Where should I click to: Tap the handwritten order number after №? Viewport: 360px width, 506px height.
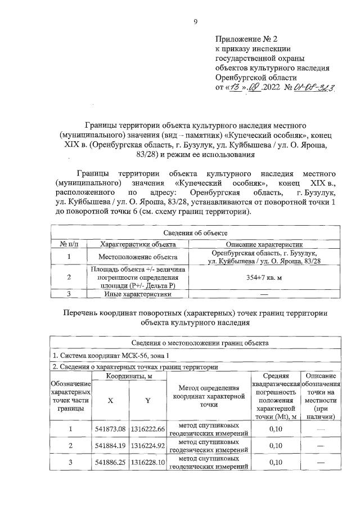(x=316, y=88)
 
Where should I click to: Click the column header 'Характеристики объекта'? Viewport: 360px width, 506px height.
(x=137, y=244)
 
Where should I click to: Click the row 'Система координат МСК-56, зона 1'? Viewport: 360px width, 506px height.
(x=112, y=356)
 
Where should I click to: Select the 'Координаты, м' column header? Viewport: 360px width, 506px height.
(x=128, y=376)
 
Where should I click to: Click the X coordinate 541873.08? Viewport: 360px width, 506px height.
(x=110, y=429)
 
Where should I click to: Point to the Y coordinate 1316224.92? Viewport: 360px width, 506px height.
(x=146, y=446)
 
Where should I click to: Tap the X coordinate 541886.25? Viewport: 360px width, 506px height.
(x=110, y=463)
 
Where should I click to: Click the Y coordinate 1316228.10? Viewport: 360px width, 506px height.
(x=146, y=463)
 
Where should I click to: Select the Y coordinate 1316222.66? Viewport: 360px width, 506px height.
(x=146, y=429)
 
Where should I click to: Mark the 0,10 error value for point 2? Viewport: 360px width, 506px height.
(x=275, y=446)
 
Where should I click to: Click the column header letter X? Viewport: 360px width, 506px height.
(x=110, y=400)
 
